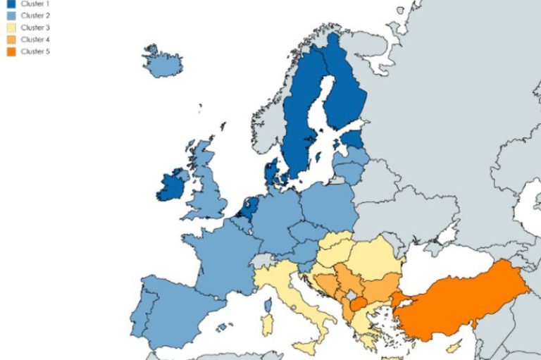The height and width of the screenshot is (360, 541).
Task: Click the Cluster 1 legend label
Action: point(35,4)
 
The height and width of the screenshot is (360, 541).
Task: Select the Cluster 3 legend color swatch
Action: point(11,27)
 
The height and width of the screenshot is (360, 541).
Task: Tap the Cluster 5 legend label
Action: point(35,51)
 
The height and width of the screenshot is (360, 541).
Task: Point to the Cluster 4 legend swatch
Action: point(11,39)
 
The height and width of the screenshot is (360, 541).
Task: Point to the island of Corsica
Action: point(268,305)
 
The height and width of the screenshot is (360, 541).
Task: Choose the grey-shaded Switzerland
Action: point(264,259)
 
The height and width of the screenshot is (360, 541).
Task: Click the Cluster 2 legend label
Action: point(35,15)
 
